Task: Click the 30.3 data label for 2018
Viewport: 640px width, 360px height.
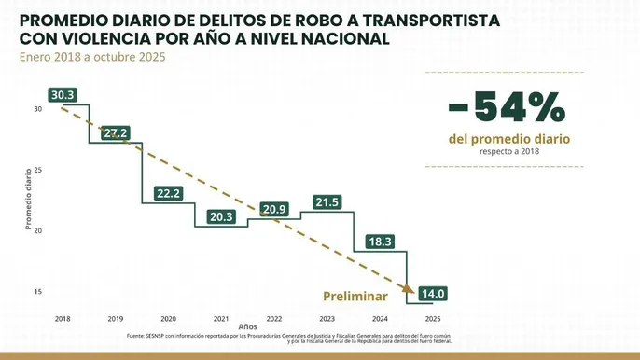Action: pyautogui.click(x=63, y=95)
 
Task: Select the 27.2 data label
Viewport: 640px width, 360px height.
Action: pyautogui.click(x=116, y=133)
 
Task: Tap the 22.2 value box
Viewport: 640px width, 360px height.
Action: pyautogui.click(x=169, y=193)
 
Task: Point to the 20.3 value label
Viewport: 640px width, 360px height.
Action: pyautogui.click(x=222, y=216)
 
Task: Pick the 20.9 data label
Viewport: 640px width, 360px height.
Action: pyautogui.click(x=274, y=209)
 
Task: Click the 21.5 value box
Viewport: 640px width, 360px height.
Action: pyautogui.click(x=327, y=201)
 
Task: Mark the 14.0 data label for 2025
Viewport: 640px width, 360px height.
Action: pyautogui.click(x=435, y=294)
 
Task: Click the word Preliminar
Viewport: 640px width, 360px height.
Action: pyautogui.click(x=355, y=296)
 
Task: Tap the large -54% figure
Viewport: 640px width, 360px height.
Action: pyautogui.click(x=507, y=108)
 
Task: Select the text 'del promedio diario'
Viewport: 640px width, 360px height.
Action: pyautogui.click(x=508, y=139)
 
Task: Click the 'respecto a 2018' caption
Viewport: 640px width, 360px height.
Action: pyautogui.click(x=508, y=151)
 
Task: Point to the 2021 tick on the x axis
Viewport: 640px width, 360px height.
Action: pyautogui.click(x=221, y=317)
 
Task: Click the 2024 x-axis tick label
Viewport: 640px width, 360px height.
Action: pyautogui.click(x=380, y=317)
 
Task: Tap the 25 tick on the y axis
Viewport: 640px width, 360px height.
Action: pyautogui.click(x=38, y=170)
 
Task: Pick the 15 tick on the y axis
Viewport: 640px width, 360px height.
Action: pyautogui.click(x=38, y=291)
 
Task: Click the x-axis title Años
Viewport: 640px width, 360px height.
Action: pyautogui.click(x=247, y=327)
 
